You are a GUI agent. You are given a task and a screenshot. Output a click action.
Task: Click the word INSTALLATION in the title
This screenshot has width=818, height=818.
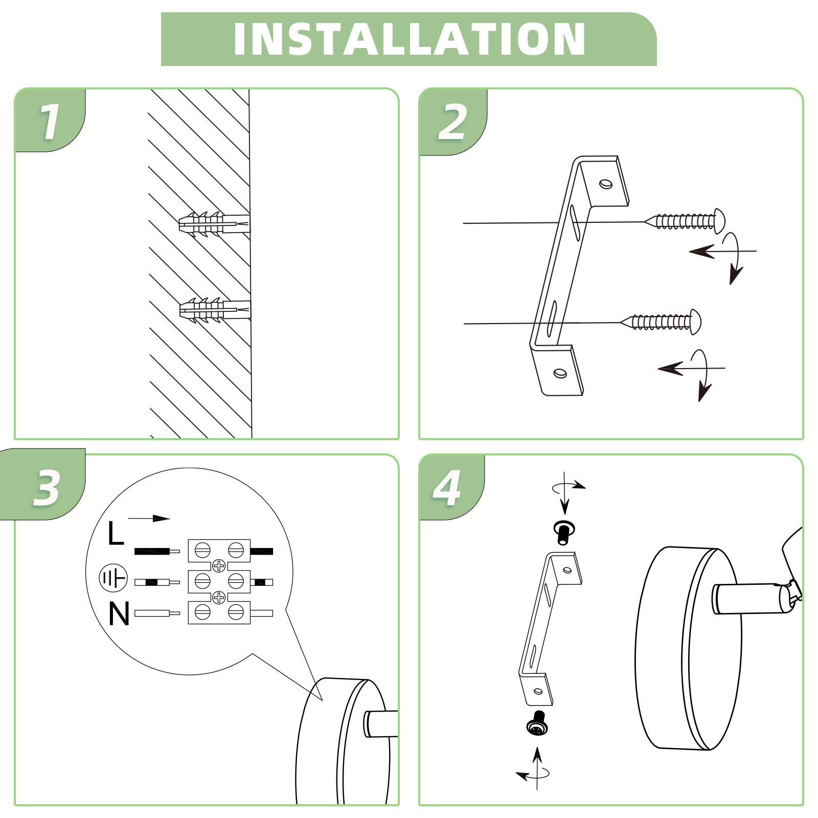click(x=409, y=39)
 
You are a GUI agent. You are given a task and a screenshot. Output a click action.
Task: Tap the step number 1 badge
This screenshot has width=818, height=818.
click(x=50, y=121)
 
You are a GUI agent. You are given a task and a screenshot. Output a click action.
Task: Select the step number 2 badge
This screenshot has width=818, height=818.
click(x=453, y=122)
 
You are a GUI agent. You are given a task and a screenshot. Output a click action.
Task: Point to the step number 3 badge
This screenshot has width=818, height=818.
click(x=46, y=485)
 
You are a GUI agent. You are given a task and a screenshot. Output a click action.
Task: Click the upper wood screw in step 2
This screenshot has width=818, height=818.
click(x=685, y=221)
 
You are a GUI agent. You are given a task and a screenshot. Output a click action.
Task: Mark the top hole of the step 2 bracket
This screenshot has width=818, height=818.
click(x=606, y=184)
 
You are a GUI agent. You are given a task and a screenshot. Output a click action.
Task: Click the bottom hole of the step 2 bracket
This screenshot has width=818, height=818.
click(x=560, y=373)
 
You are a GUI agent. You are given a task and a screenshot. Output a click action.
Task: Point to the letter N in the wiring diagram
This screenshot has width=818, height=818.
click(x=119, y=614)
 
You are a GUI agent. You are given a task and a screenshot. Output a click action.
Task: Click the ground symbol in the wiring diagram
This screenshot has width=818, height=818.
click(x=112, y=578)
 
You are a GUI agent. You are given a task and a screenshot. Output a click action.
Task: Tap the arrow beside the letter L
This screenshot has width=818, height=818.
click(x=149, y=518)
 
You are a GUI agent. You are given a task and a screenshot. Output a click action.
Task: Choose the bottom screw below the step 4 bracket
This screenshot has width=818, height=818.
click(x=536, y=724)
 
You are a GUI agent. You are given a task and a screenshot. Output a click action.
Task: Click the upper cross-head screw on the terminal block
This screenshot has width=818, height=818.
click(x=219, y=565)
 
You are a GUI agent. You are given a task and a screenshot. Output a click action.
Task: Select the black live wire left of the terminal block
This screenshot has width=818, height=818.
click(x=157, y=552)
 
